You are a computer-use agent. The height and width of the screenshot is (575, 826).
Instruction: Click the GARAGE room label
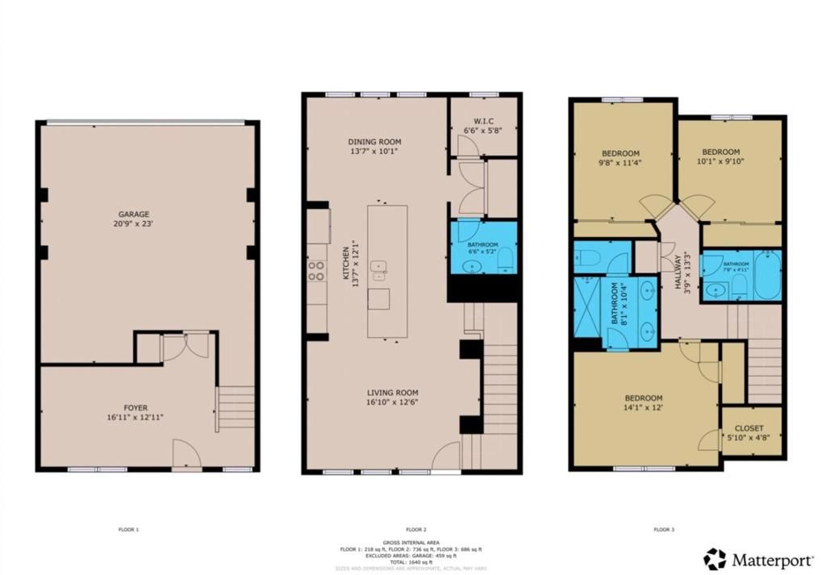point(135,215)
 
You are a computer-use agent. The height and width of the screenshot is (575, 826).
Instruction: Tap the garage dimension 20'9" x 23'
point(135,224)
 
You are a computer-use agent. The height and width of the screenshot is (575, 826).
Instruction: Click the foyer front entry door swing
point(186,453)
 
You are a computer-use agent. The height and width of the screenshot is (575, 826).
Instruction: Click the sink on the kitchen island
point(377,267)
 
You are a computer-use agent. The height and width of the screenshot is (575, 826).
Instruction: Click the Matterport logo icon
point(714,559)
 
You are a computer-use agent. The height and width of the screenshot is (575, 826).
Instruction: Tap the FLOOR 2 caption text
point(415,530)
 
